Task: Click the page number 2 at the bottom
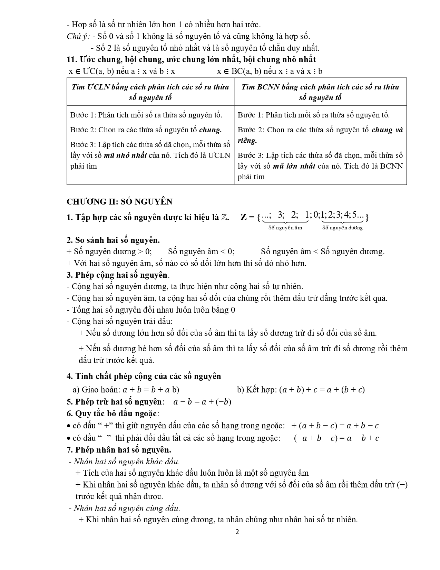[237, 532]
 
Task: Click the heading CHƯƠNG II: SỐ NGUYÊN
[119, 202]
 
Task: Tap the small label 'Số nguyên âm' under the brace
[285, 228]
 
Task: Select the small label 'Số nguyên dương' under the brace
[342, 228]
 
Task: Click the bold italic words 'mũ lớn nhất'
[294, 166]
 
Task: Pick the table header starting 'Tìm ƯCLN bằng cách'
[150, 92]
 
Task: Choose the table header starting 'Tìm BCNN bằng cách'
[320, 92]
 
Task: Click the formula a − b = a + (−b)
[202, 402]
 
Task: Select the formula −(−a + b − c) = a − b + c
[333, 438]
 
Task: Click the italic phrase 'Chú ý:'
[78, 36]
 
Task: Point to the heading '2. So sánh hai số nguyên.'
[113, 240]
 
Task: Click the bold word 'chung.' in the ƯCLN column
[211, 130]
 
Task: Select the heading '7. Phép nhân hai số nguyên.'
[119, 450]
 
